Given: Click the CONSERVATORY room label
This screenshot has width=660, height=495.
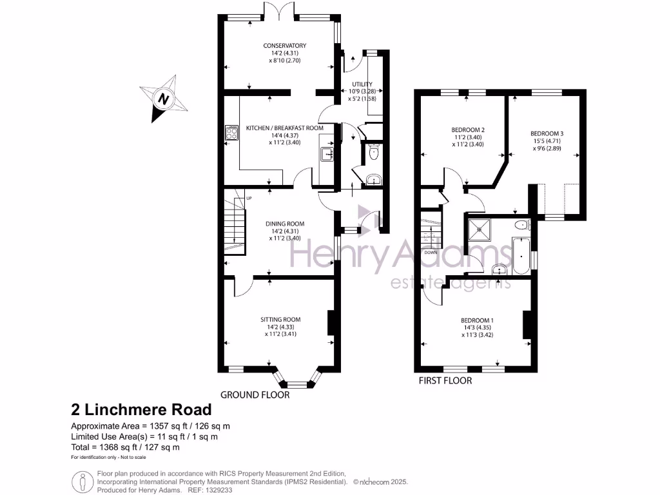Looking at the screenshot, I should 284,45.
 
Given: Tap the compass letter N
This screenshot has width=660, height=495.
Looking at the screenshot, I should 164,100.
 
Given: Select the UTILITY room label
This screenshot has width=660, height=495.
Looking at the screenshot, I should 362,84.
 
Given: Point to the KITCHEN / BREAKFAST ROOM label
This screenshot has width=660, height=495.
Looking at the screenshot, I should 284,128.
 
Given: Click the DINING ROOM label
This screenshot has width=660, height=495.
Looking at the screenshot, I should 285,224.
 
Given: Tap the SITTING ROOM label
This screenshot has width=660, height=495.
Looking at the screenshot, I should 280,319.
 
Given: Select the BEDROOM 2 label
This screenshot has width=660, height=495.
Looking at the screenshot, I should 467,130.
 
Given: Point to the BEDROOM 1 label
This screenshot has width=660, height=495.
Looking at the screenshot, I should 477,320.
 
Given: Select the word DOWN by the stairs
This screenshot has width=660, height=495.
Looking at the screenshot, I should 431,252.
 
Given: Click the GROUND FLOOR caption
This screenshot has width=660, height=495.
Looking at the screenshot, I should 255,394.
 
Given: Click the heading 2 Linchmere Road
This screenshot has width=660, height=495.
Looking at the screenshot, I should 141,409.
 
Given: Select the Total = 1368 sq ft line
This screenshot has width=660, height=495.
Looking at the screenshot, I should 125,447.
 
